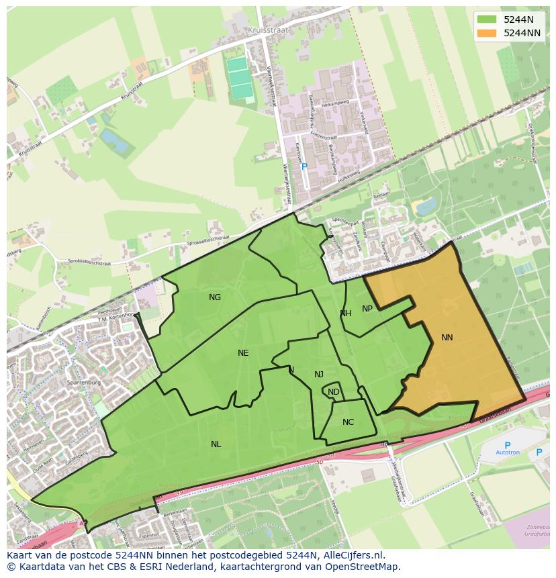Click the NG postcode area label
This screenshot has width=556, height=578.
(215, 297)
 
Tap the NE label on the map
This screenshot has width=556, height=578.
(243, 353)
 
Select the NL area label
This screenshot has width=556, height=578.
(216, 444)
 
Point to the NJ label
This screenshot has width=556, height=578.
(319, 375)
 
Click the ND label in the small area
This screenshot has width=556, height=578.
(334, 392)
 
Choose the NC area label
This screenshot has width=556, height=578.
(348, 422)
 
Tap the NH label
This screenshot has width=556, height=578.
(346, 314)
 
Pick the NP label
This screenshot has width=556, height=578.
(367, 309)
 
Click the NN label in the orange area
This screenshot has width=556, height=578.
(447, 338)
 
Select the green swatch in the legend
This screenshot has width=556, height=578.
(487, 19)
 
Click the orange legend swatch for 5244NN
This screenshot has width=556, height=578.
(487, 33)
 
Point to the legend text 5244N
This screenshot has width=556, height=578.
(519, 19)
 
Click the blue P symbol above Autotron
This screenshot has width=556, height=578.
(507, 444)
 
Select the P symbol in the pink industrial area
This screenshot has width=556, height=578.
(304, 166)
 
